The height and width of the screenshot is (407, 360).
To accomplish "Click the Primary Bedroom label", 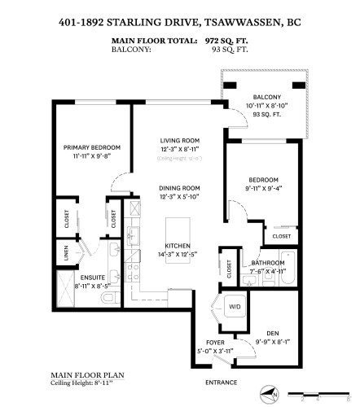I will click(92, 147).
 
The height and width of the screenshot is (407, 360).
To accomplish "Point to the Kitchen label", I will click(178, 245).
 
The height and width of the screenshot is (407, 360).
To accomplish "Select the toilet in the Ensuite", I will click(110, 300).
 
